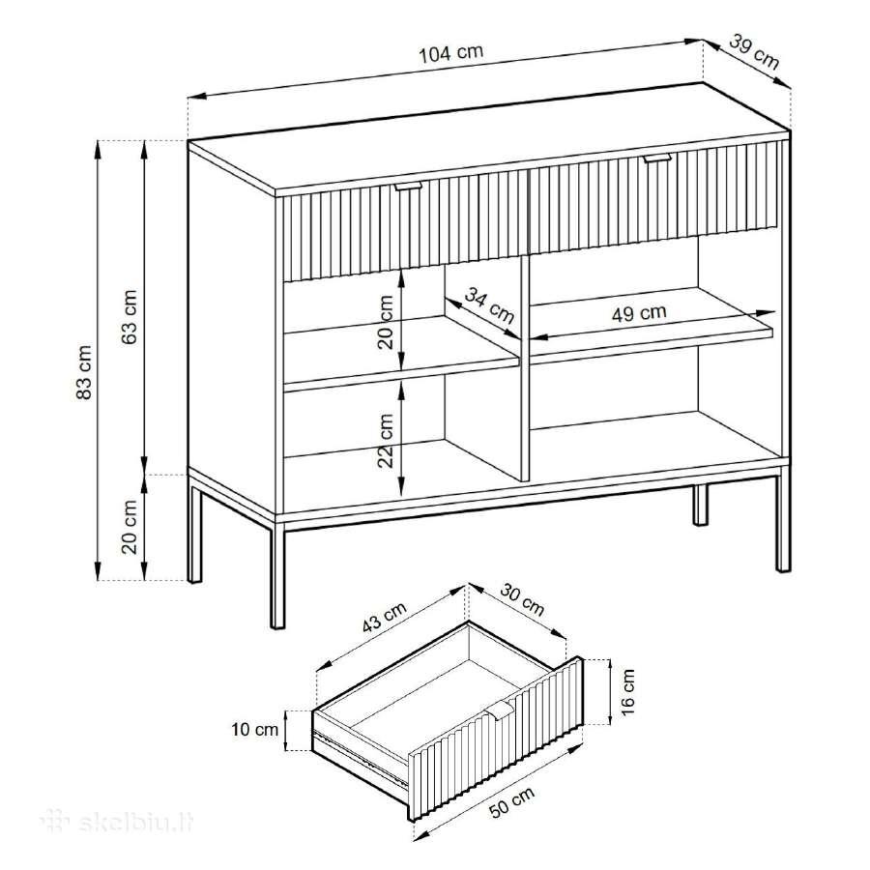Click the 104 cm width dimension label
tap(451, 53)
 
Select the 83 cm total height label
tap(84, 372)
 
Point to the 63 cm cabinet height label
tap(130, 316)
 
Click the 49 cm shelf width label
tap(639, 313)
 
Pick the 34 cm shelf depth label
tap(489, 304)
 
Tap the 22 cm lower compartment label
tap(386, 441)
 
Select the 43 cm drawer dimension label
tap(385, 617)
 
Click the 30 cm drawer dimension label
tap(523, 599)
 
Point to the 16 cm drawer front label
tap(627, 691)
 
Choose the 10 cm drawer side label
tap(254, 729)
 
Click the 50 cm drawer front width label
tap(511, 803)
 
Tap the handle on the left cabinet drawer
tap(408, 186)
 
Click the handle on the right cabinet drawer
tap(657, 159)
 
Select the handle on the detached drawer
tap(501, 710)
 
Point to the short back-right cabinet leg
tap(700, 505)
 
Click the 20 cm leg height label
tap(130, 527)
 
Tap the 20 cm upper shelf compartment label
tap(386, 322)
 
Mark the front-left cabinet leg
tap(277, 577)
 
